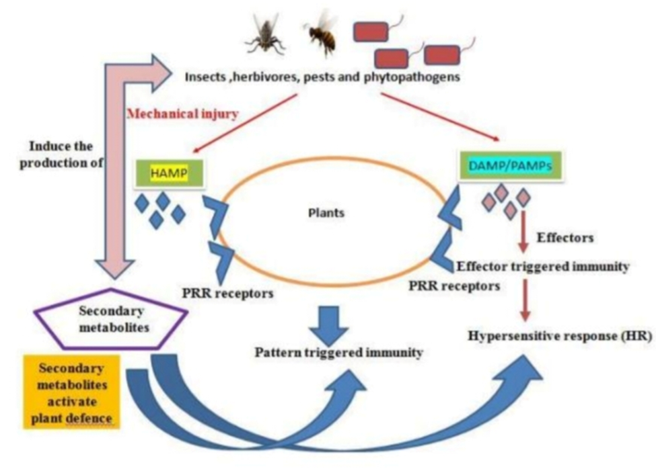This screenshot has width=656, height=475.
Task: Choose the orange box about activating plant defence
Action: [71, 390]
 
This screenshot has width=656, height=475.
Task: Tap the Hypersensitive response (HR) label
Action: [560, 335]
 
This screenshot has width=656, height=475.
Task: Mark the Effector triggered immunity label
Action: [543, 266]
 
